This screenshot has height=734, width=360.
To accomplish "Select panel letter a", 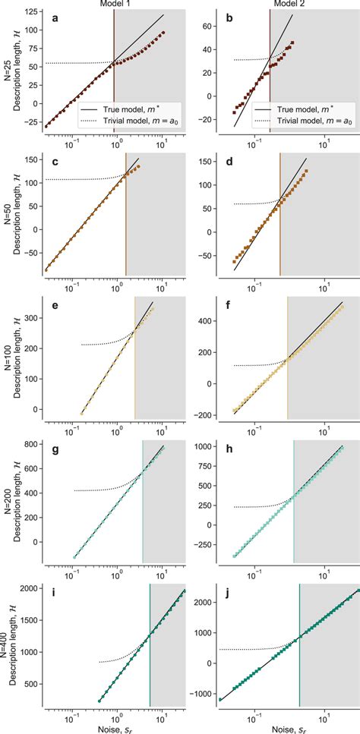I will (x=54, y=18).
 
